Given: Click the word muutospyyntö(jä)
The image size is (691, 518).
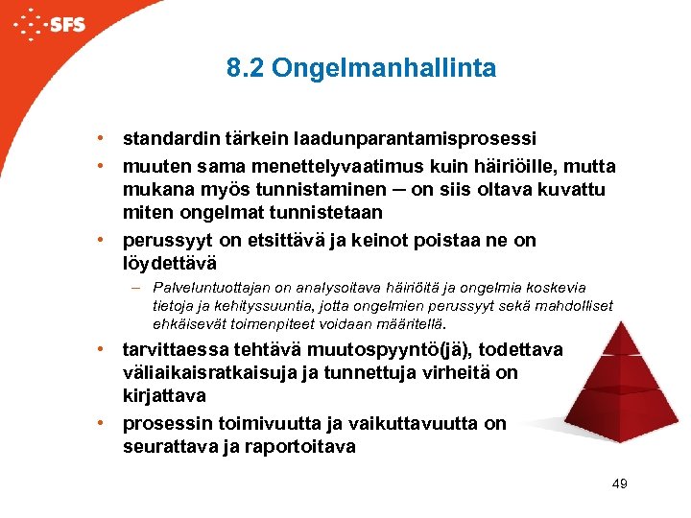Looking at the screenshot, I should pyautogui.click(x=394, y=350).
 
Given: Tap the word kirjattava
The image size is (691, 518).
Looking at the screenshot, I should pyautogui.click(x=163, y=395).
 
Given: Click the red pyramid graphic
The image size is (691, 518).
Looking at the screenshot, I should pyautogui.click(x=596, y=379).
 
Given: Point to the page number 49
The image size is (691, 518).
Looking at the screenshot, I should pyautogui.click(x=619, y=483).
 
